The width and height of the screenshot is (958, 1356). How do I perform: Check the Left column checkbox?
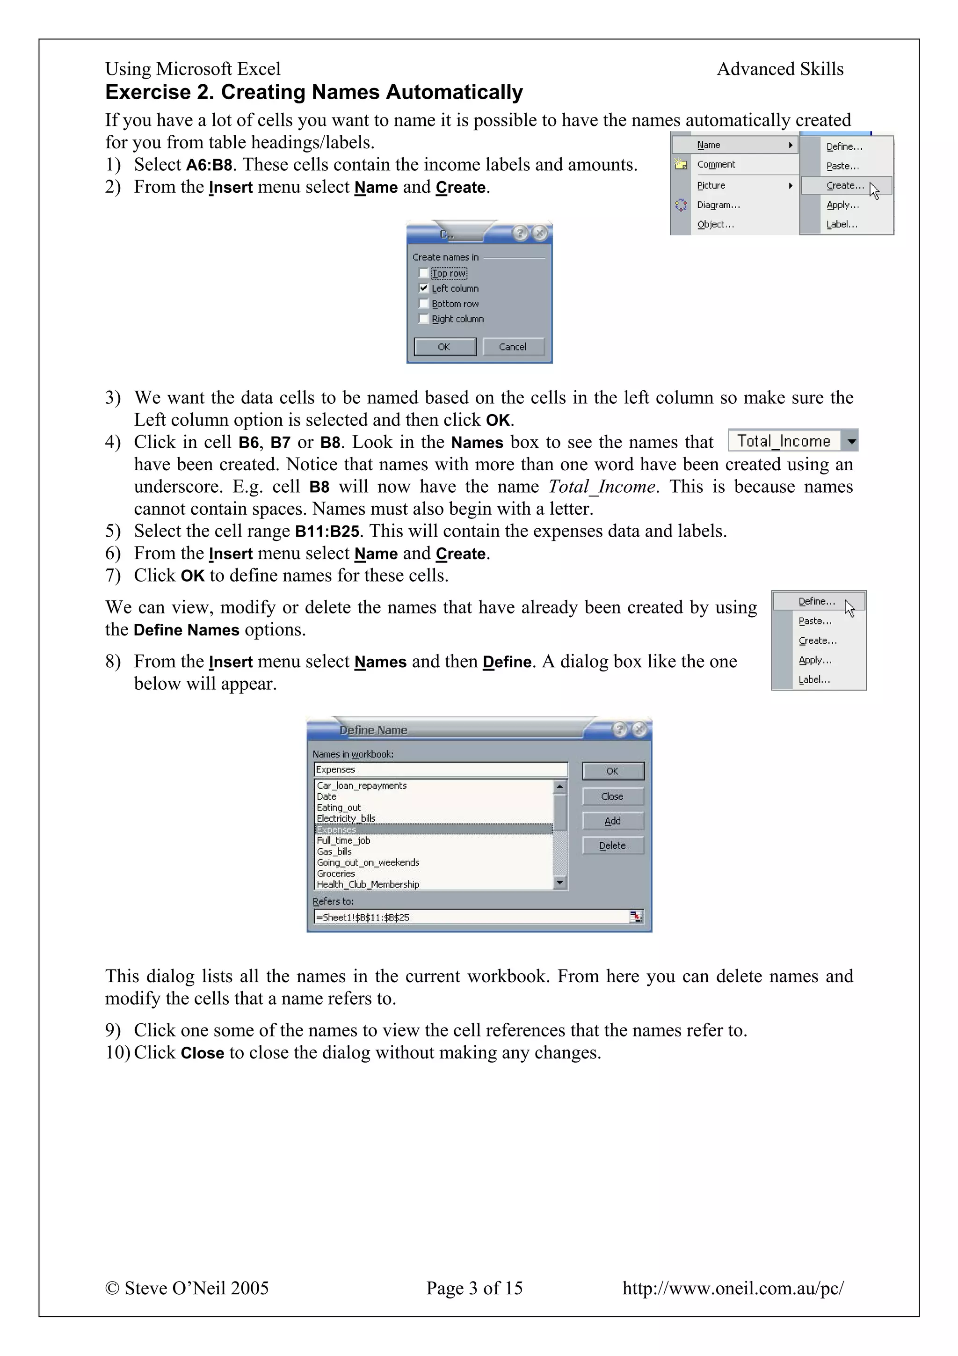(423, 288)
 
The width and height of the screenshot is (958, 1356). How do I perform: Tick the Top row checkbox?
(423, 273)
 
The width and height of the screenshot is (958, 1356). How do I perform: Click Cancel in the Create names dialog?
(512, 347)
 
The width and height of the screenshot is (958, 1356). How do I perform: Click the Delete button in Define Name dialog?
(612, 845)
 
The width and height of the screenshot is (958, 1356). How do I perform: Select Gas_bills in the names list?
(334, 851)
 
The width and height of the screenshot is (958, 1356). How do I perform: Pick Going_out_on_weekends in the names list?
(368, 862)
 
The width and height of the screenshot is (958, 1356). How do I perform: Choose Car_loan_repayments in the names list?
(361, 786)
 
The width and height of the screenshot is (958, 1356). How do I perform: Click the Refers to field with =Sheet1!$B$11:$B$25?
(472, 917)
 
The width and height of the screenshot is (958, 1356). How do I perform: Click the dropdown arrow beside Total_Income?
(851, 441)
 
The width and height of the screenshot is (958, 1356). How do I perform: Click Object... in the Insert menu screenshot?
(715, 225)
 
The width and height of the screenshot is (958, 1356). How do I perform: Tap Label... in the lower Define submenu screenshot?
(814, 680)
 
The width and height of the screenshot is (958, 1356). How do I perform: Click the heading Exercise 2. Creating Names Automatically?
(314, 92)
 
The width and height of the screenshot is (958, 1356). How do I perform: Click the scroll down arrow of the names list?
(559, 883)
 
